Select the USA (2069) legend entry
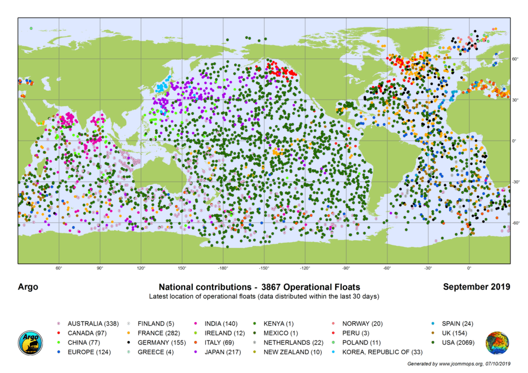coord(455,342)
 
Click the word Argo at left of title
coord(28,287)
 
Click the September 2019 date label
coord(476,287)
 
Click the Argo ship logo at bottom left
coord(30,343)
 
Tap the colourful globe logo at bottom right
coord(497,343)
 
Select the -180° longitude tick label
coord(223,268)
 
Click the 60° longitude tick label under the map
coord(59,268)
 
